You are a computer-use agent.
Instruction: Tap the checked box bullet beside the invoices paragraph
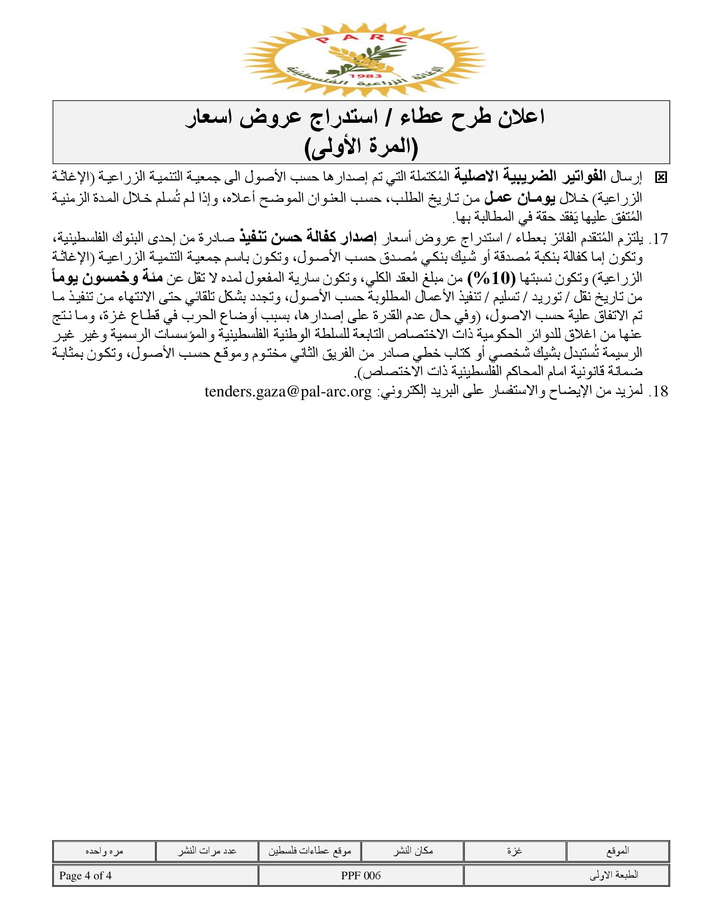pyautogui.click(x=661, y=178)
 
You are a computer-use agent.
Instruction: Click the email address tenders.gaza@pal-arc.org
pyautogui.click(x=288, y=392)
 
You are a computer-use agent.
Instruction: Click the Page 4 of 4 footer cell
pyautogui.click(x=85, y=876)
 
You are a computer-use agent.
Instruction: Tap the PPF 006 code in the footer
pyautogui.click(x=360, y=876)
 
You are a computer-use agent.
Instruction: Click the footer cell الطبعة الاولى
pyautogui.click(x=614, y=876)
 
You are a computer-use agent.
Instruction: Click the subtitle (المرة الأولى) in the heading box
pyautogui.click(x=361, y=147)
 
